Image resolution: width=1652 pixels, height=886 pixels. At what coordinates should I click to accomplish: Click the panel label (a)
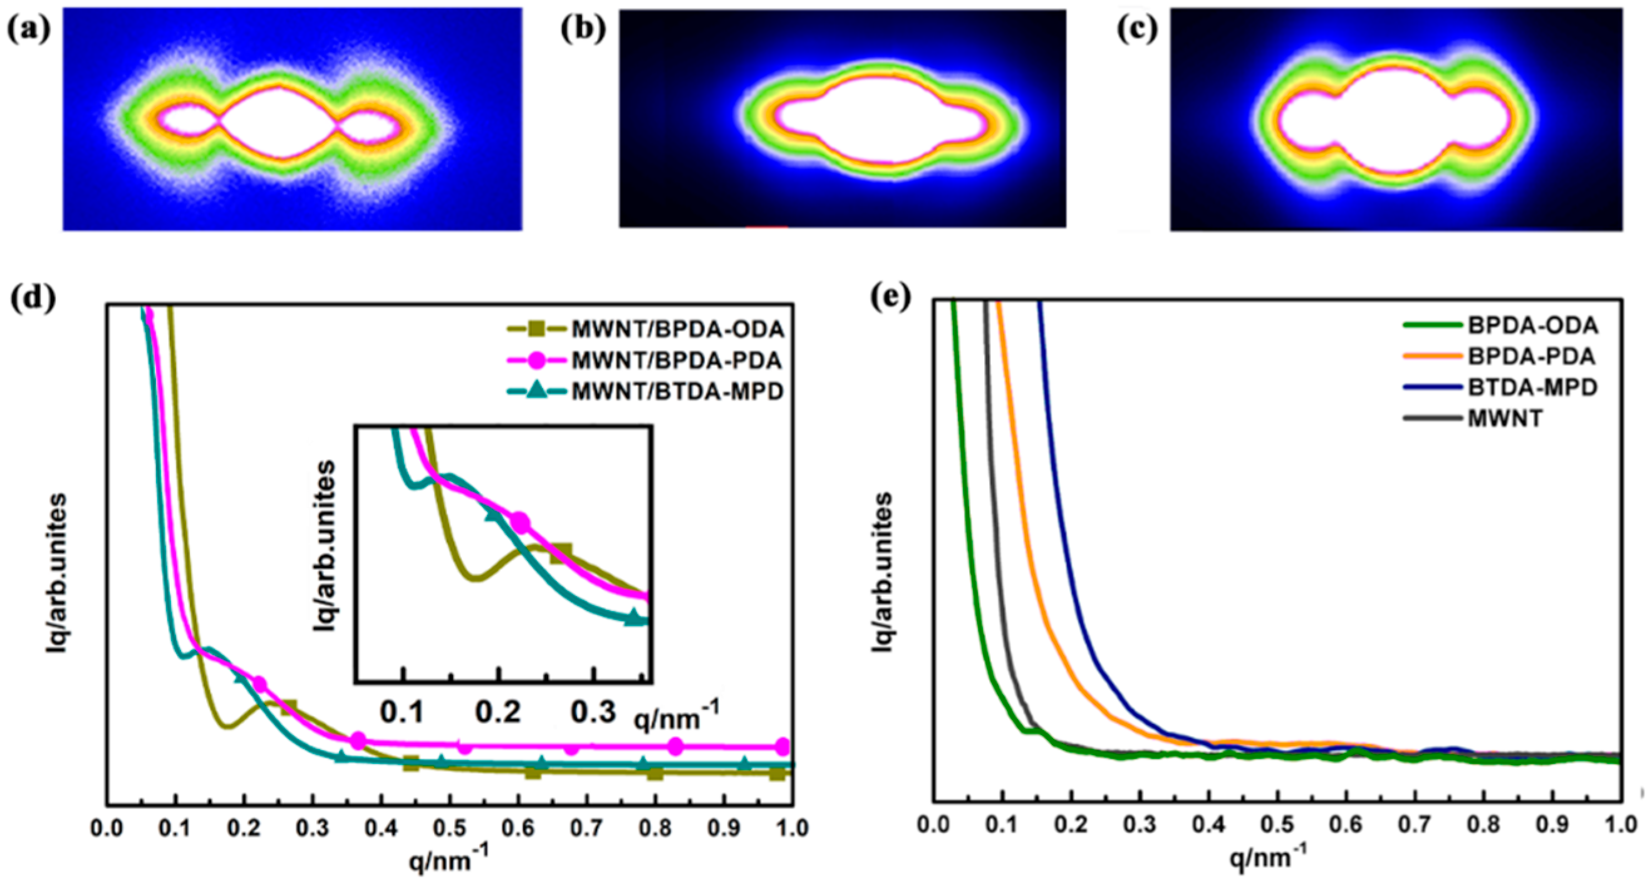28,29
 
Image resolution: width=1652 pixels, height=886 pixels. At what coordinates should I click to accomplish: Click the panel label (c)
1137,29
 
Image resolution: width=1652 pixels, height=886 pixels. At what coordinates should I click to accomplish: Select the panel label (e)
891,297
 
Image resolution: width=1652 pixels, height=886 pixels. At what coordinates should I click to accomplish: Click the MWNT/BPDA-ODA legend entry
677,329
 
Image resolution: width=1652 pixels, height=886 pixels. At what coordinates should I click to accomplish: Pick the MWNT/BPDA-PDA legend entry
676,360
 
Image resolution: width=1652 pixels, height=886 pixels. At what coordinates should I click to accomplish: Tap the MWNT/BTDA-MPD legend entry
677,391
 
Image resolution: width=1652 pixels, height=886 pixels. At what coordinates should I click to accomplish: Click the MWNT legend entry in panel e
1505,419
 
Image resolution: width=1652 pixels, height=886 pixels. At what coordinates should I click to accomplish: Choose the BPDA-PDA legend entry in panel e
1532,356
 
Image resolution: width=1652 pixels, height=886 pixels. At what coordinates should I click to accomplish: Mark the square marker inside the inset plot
561,553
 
